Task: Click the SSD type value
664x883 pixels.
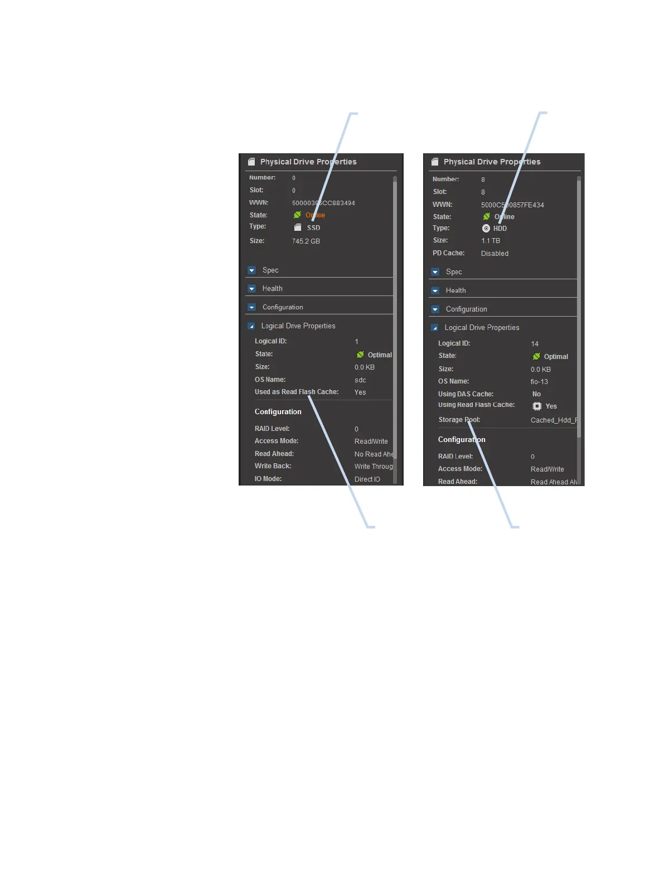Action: point(313,227)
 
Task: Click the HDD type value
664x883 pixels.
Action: point(500,229)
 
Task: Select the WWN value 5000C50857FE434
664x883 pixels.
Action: point(512,205)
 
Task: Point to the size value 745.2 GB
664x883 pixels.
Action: point(306,241)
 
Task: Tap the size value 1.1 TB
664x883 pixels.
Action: point(491,241)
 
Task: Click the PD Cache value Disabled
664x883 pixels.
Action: point(495,254)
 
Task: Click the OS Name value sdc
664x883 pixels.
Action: point(360,380)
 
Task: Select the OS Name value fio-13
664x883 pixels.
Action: point(539,382)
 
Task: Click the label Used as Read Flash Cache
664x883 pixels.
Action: point(297,392)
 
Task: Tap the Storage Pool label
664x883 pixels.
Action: point(459,420)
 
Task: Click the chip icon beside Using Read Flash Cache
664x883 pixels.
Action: point(537,406)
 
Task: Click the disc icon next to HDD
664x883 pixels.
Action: point(486,229)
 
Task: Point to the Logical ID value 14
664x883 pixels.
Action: point(535,344)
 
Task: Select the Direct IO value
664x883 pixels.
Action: point(367,479)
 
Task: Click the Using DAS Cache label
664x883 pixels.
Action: point(466,394)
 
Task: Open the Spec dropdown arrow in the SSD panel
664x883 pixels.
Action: point(251,270)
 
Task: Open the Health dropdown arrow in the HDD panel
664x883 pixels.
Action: point(435,290)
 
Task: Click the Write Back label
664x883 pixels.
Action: point(273,466)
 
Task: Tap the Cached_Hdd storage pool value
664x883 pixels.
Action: point(554,420)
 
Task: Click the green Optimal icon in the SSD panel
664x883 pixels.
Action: point(360,355)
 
